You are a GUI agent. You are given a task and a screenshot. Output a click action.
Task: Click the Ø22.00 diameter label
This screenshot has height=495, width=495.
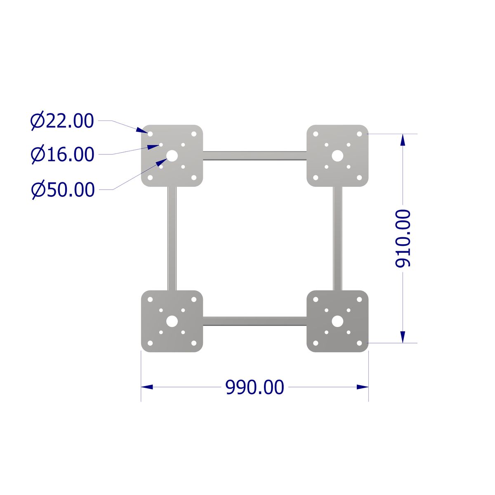62,121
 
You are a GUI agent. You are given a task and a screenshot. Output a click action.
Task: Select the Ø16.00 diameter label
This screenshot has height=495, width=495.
63,154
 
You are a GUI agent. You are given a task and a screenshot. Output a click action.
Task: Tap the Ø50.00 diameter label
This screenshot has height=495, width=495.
63,190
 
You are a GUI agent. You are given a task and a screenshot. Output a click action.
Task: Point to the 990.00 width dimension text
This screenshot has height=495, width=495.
255,387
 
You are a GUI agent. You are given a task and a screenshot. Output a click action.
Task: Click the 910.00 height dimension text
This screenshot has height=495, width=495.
403,239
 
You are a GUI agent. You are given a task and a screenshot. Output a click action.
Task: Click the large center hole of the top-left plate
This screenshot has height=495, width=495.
172,156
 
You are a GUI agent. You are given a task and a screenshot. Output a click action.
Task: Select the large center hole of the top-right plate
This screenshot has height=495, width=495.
337,156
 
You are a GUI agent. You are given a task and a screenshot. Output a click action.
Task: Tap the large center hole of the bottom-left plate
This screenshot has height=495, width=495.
172,321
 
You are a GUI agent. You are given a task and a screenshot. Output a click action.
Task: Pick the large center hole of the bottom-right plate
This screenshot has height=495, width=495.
337,321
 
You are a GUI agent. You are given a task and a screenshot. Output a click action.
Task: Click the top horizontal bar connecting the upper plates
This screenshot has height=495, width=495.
255,156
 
